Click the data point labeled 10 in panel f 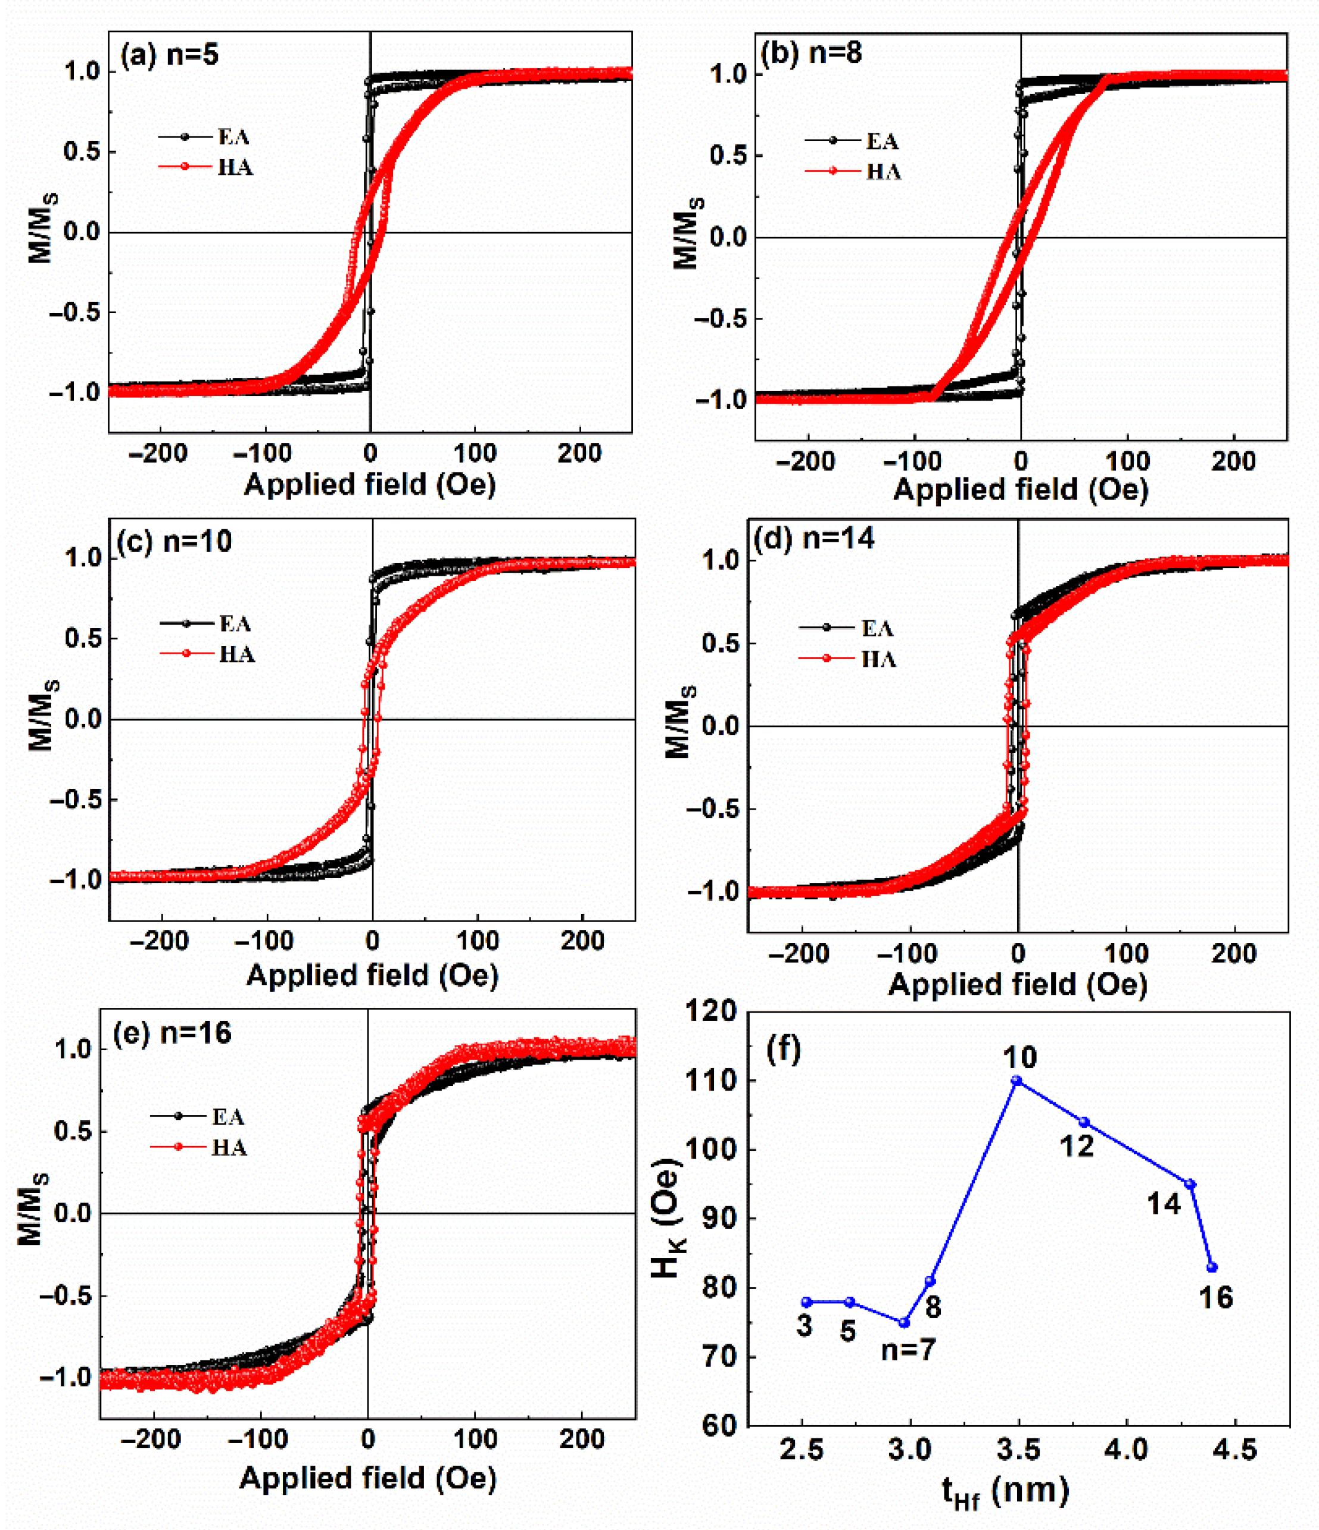1016,1081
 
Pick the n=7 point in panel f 904,1322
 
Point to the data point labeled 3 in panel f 806,1302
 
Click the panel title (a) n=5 170,55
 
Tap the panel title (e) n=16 172,1032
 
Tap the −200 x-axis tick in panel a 157,452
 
